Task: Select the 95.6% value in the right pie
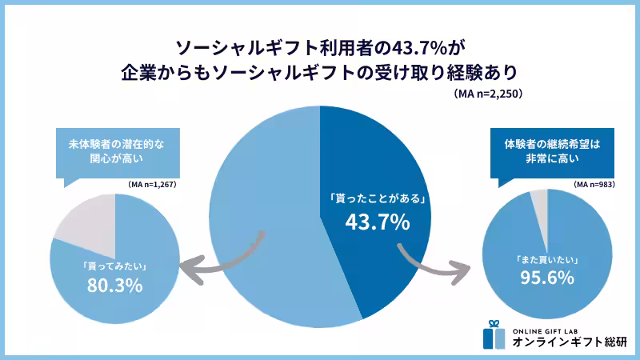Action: click(547, 278)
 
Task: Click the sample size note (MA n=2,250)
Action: click(487, 94)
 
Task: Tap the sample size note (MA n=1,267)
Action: click(151, 185)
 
